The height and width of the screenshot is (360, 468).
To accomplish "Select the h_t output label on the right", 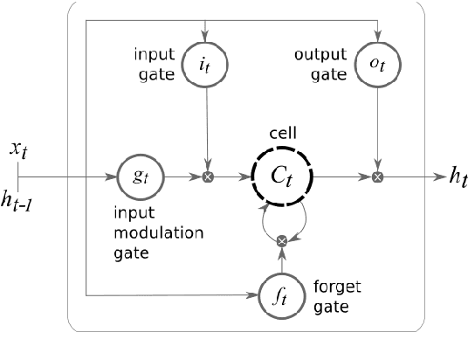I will click(456, 178).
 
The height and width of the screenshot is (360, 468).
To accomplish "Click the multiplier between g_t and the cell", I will click(207, 177).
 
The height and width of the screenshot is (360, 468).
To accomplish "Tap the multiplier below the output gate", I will click(376, 177).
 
